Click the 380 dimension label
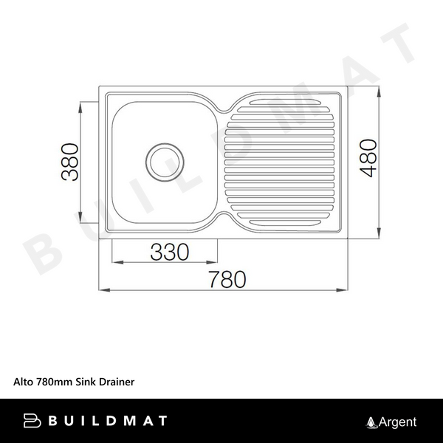tap(70, 162)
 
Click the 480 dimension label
tap(368, 158)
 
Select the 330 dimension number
tap(170, 252)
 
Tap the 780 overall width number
tap(227, 279)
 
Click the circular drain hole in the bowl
tap(165, 162)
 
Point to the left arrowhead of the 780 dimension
tap(104, 290)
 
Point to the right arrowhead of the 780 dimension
tap(342, 290)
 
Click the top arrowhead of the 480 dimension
tap(380, 92)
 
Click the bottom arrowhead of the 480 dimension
tap(380, 233)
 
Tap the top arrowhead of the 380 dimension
tap(80, 108)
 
